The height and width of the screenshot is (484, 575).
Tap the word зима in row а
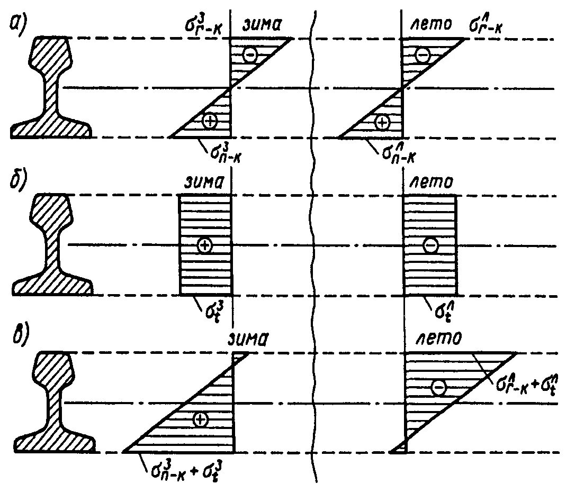click(262, 24)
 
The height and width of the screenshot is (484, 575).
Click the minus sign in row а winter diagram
click(250, 54)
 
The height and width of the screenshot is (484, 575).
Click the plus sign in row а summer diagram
click(382, 122)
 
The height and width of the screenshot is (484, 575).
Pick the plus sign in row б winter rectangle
click(204, 245)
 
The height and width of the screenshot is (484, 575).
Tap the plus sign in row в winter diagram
click(200, 419)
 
